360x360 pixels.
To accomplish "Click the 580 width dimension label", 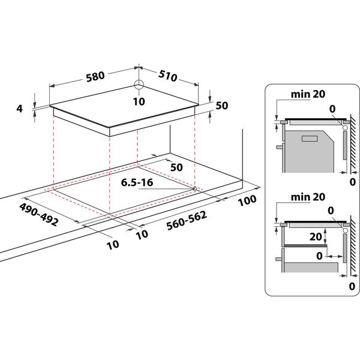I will click(95, 76).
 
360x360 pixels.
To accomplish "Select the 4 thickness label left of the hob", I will click(20, 109).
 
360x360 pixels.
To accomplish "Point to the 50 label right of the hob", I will click(222, 106).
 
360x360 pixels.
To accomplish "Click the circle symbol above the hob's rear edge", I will click(139, 85).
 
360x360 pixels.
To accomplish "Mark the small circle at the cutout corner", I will click(195, 190).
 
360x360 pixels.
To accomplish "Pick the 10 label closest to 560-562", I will click(142, 235).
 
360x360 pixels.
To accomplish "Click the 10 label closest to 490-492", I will click(113, 244).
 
